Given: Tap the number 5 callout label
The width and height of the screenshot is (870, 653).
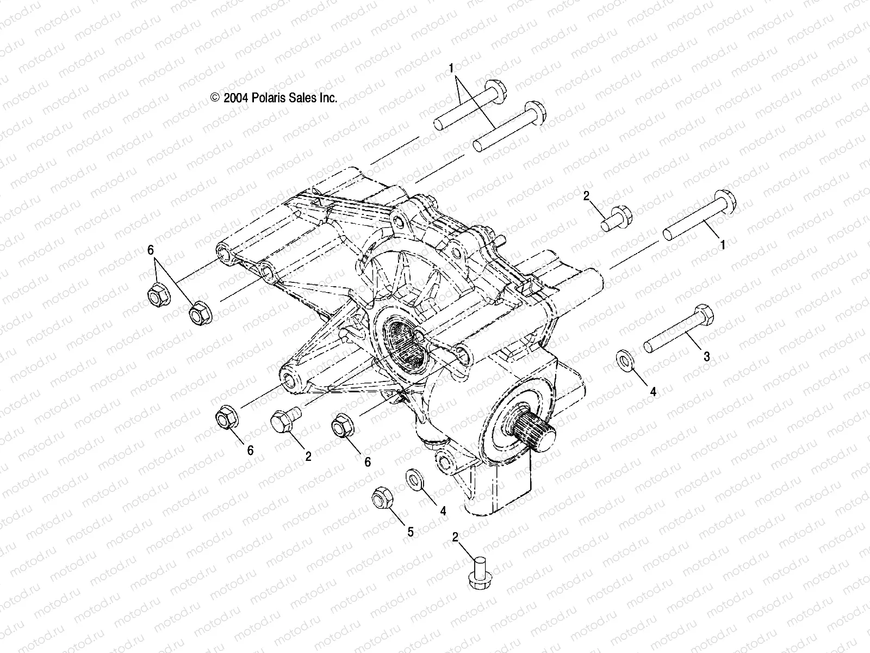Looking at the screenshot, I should click(411, 532).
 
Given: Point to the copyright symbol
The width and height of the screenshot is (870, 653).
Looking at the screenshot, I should click(230, 98).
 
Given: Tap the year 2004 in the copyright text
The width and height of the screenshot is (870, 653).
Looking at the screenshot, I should click(251, 98).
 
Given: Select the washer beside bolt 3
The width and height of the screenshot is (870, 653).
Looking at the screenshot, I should click(625, 361).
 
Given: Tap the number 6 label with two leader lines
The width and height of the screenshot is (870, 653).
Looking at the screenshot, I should click(151, 250).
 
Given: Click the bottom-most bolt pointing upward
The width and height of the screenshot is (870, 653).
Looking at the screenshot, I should click(477, 579).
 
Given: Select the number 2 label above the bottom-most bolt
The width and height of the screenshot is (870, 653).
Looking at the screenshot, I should click(455, 538).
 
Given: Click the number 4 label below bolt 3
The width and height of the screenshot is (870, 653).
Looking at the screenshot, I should click(654, 391).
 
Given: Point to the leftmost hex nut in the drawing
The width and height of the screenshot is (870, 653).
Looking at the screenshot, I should click(158, 294).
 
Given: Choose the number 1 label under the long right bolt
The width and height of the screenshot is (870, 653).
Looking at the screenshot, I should click(723, 245).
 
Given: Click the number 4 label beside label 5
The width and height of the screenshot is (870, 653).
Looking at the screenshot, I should click(443, 511).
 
